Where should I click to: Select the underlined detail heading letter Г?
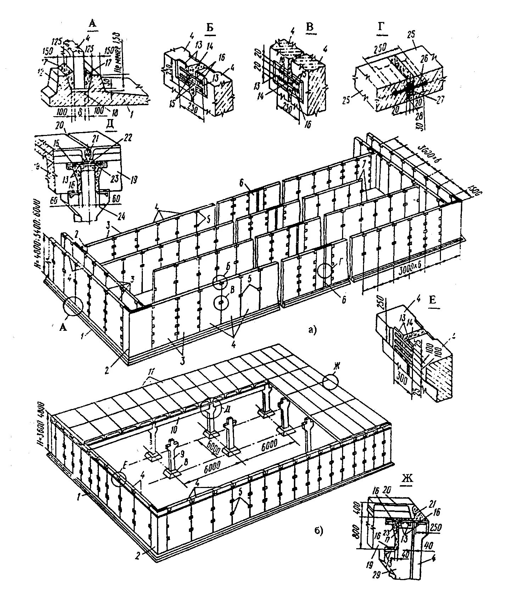tap(383, 28)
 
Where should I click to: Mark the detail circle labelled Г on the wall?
tap(325, 271)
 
